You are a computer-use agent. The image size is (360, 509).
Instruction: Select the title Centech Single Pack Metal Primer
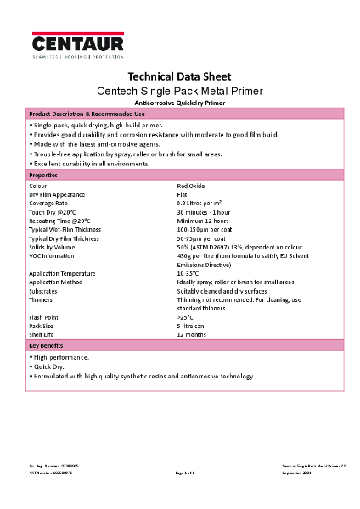(x=179, y=90)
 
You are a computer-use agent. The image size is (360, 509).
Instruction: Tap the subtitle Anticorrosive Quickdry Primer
(x=179, y=102)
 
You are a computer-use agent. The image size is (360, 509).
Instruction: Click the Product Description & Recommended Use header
(x=87, y=114)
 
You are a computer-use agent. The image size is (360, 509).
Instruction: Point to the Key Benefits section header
(x=47, y=346)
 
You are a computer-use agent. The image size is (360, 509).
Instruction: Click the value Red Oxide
(x=192, y=184)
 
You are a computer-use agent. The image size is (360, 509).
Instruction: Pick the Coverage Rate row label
(x=48, y=203)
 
